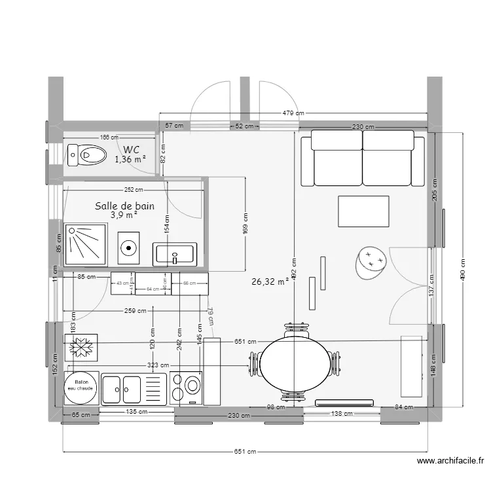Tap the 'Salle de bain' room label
124,206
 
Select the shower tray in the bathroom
85,245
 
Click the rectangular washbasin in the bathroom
175,253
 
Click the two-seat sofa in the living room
363,158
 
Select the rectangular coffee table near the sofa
364,211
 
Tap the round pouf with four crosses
371,261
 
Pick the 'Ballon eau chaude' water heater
81,386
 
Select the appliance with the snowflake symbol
81,346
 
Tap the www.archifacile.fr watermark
452,462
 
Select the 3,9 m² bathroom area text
124,215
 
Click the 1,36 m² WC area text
130,159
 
